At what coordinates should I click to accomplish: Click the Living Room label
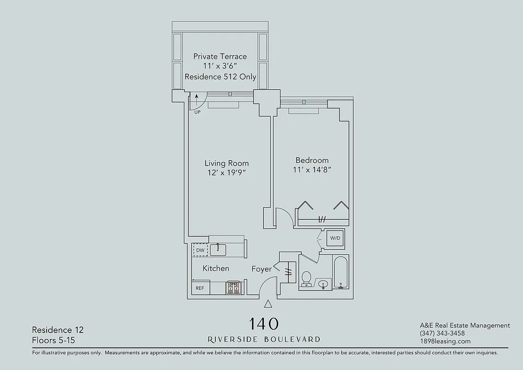226,163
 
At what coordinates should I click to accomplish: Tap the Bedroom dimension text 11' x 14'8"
312,170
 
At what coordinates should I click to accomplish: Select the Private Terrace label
220,56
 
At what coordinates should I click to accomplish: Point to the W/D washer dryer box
335,238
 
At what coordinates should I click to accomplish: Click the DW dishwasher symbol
200,250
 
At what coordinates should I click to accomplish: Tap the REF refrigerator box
200,288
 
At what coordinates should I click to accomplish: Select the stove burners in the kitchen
234,288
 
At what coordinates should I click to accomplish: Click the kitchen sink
218,250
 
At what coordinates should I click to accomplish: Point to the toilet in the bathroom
306,279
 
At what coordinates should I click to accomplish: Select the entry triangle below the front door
268,304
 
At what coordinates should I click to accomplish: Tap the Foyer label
261,269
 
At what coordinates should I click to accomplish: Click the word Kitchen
216,268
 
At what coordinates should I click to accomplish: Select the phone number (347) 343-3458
442,333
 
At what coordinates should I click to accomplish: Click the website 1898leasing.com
445,341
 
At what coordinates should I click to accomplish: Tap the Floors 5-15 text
53,340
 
